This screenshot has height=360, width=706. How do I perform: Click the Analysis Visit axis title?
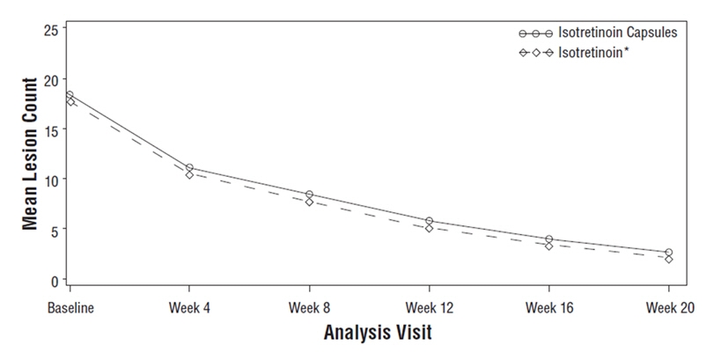[366, 334]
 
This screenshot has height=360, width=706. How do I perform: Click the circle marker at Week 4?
[189, 167]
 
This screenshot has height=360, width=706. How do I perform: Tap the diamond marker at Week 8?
[309, 202]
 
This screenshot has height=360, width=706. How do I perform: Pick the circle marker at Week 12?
[429, 221]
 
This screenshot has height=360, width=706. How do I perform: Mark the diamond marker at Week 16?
[548, 246]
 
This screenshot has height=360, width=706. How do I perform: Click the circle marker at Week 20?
[668, 253]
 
